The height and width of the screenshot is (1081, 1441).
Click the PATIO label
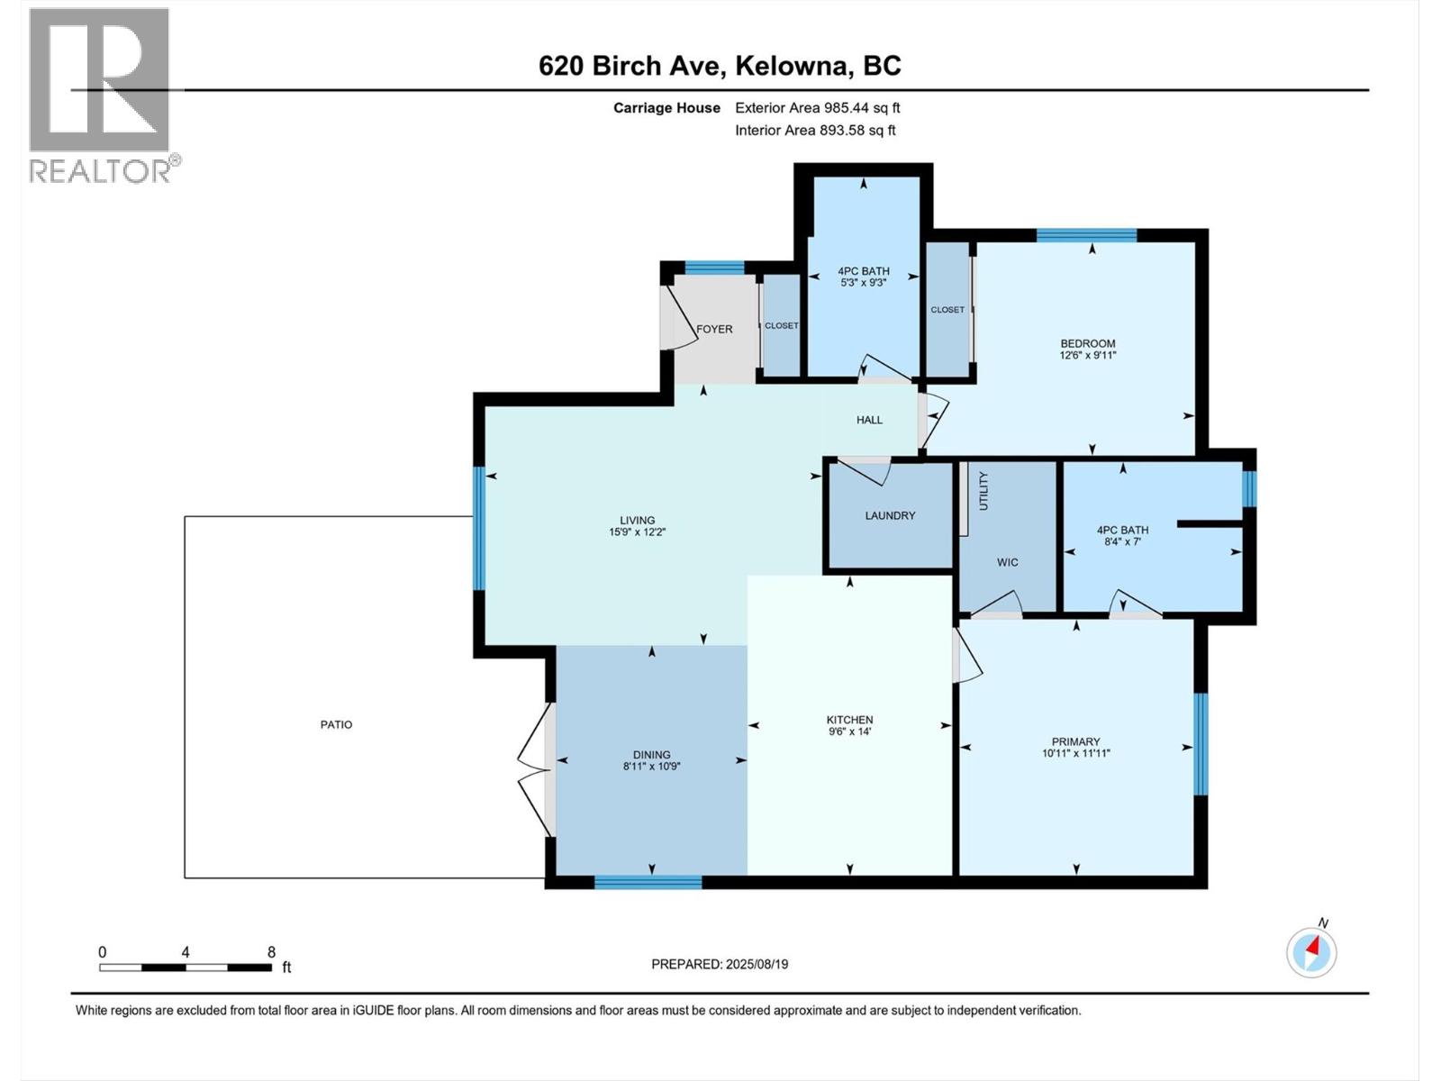(336, 724)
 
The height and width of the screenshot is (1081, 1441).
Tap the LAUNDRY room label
(890, 515)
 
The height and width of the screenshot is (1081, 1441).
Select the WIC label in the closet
(1007, 562)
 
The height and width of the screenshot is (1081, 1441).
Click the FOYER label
(714, 329)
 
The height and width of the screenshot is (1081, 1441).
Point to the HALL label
(869, 420)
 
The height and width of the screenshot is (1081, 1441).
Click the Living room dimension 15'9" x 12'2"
(637, 532)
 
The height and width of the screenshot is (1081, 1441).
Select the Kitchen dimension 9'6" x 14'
(849, 731)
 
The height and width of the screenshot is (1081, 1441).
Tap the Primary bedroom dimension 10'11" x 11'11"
(1075, 754)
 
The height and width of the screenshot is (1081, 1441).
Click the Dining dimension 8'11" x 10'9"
(651, 767)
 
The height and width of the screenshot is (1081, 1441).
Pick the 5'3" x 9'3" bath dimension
(863, 283)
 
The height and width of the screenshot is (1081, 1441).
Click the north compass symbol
(1311, 951)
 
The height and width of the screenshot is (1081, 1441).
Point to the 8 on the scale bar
(271, 952)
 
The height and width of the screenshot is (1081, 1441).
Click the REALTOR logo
(100, 95)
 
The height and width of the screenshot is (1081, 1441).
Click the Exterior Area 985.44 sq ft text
(817, 108)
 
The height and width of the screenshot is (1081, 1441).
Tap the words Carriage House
(666, 108)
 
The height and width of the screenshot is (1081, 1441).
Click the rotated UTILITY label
(983, 491)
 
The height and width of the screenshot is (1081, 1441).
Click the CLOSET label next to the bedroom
(947, 310)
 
